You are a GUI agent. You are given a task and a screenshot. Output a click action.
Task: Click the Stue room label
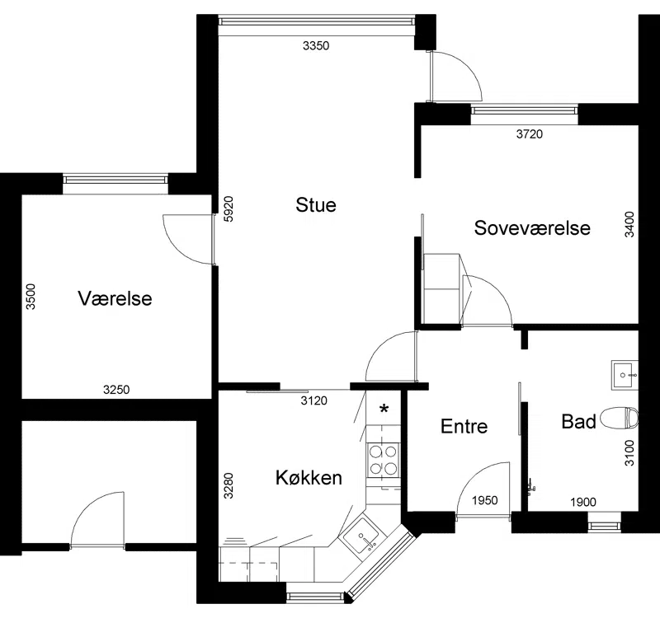pyautogui.click(x=316, y=205)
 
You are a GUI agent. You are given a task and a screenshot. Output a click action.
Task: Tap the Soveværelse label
pyautogui.click(x=532, y=228)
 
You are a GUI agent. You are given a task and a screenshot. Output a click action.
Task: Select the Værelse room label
pyautogui.click(x=115, y=298)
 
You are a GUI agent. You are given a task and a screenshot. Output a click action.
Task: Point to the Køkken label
pyautogui.click(x=309, y=478)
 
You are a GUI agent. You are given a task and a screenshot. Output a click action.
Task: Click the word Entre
pyautogui.click(x=464, y=426)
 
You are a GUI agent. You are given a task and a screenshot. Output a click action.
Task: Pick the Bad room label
pyautogui.click(x=579, y=421)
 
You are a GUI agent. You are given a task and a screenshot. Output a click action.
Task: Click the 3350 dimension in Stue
pyautogui.click(x=316, y=46)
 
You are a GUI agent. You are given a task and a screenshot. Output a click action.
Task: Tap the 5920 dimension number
pyautogui.click(x=229, y=209)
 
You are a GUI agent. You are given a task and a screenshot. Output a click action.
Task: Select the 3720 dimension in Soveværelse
pyautogui.click(x=530, y=134)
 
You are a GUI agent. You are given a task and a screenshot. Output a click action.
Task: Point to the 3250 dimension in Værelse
pyautogui.click(x=116, y=390)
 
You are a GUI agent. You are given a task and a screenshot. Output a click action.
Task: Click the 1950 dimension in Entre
pyautogui.click(x=485, y=500)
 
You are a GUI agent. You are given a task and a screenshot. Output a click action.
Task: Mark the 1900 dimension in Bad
pyautogui.click(x=583, y=502)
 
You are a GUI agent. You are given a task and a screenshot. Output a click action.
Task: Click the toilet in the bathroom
pyautogui.click(x=619, y=419)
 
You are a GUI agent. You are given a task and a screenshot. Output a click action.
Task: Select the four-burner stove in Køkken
pyautogui.click(x=383, y=460)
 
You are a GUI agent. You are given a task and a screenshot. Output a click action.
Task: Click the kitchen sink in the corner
pyautogui.click(x=363, y=537)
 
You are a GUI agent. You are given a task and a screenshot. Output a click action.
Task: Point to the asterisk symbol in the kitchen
pyautogui.click(x=384, y=409)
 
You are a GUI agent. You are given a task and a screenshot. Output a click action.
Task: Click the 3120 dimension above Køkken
pyautogui.click(x=314, y=400)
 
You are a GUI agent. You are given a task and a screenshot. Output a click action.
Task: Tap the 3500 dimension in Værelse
pyautogui.click(x=31, y=297)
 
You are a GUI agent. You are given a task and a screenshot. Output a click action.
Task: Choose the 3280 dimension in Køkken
pyautogui.click(x=229, y=486)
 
